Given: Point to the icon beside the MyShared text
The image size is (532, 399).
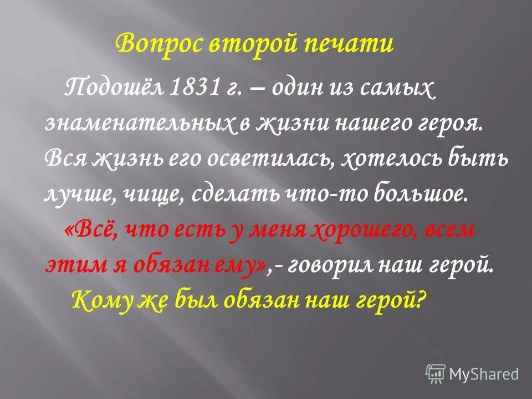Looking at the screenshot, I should pos(436,374).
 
